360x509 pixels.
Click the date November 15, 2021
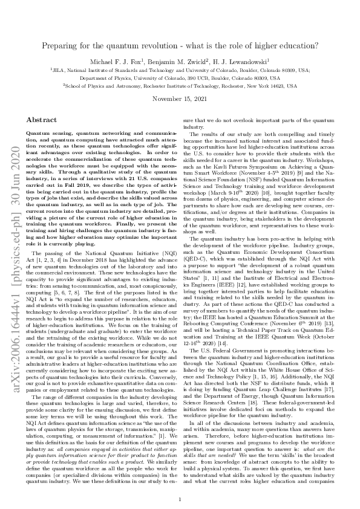coord(180,99)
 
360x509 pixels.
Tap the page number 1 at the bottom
coord(180,482)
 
